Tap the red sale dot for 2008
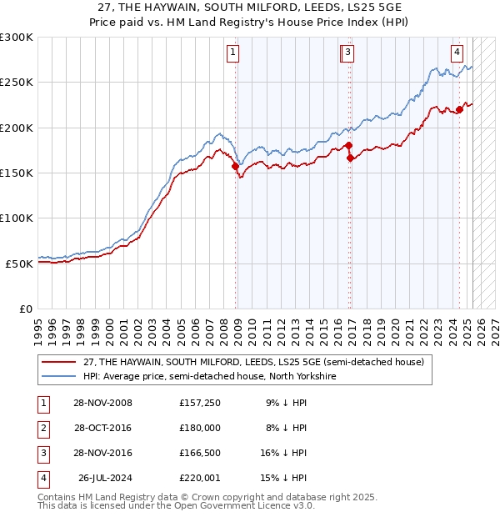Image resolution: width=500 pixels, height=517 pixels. (x=236, y=166)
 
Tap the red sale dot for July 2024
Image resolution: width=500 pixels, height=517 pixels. (x=459, y=109)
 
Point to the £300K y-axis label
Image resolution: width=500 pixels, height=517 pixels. (x=17, y=38)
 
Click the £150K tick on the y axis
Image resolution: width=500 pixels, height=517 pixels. (x=17, y=173)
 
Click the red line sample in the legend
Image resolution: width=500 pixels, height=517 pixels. (x=59, y=362)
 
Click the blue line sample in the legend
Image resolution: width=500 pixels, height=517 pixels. (x=59, y=376)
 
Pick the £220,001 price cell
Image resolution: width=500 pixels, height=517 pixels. (x=200, y=478)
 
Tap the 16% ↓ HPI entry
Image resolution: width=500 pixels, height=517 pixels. (x=283, y=453)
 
